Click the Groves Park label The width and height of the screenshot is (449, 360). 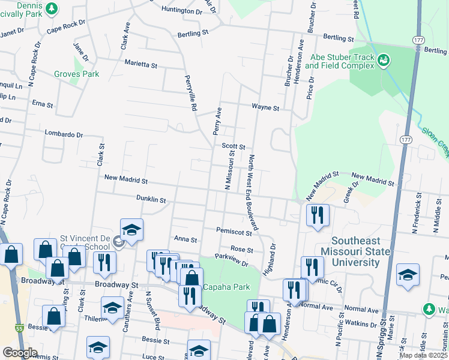(76, 74)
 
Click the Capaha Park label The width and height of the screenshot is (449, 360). (226, 287)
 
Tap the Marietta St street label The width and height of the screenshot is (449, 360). (140, 63)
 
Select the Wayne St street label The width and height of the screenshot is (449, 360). (265, 108)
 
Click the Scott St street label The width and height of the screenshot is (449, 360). (234, 146)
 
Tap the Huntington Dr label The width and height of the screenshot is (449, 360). (182, 11)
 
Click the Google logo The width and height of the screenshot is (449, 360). (20, 353)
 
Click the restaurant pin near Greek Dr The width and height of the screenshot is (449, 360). (317, 215)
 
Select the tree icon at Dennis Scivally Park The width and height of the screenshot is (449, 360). (52, 8)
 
